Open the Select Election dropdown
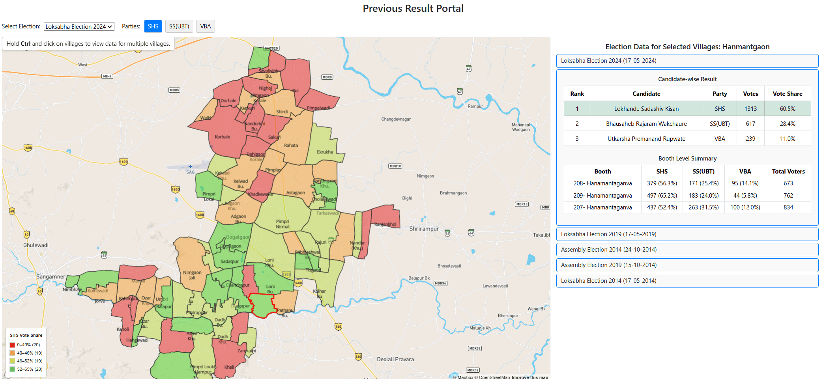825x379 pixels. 79,26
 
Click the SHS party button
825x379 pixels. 153,26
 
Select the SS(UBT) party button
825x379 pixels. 179,26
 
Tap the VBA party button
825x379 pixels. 205,26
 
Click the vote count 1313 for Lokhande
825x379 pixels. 750,109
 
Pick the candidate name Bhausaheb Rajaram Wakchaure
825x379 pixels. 646,124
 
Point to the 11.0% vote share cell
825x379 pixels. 788,139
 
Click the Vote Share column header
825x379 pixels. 788,94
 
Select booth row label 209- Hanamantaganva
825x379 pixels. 602,196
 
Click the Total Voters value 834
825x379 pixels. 788,207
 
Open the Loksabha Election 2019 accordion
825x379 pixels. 687,234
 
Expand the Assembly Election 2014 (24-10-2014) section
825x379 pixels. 687,250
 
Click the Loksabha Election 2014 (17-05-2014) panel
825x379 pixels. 687,281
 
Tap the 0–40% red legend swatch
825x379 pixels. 12,345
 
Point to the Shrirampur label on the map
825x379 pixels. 424,229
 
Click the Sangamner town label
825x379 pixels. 51,277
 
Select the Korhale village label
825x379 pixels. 223,137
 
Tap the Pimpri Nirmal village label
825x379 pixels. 282,224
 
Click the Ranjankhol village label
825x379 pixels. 385,224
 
